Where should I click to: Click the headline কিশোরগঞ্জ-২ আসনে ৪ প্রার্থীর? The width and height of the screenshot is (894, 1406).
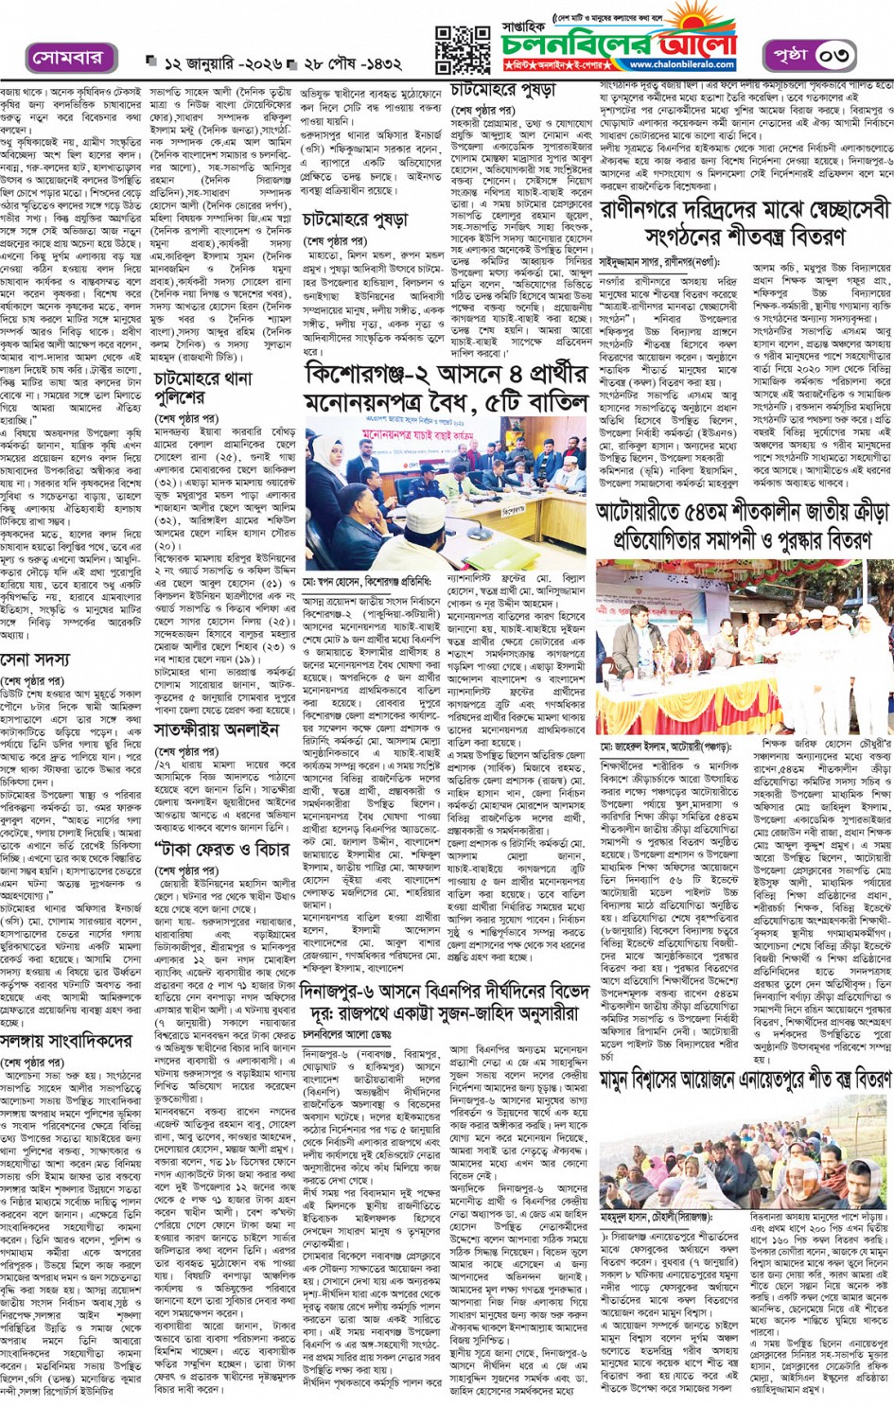[445, 376]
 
